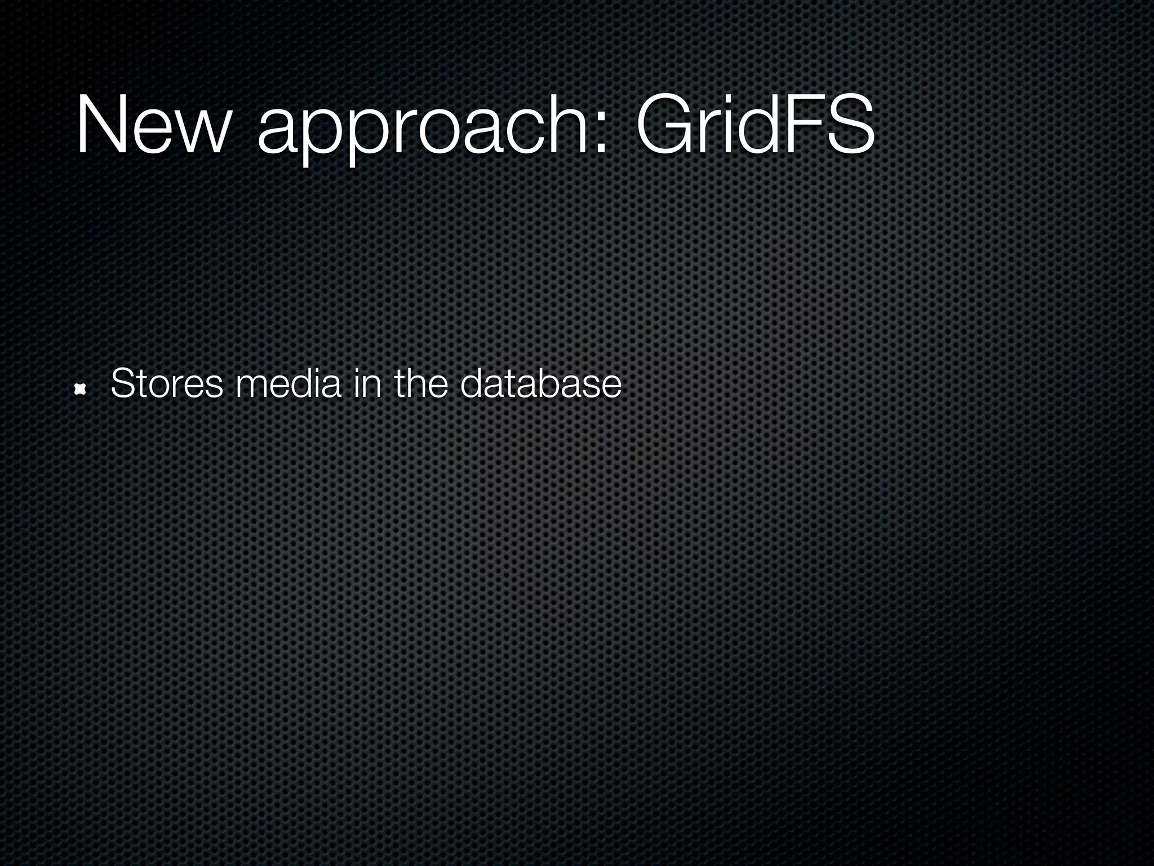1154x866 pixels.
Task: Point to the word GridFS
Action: coord(755,125)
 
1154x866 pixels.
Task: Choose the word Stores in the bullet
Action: coord(167,384)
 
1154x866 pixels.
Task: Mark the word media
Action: coord(288,384)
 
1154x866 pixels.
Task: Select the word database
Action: coord(540,384)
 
